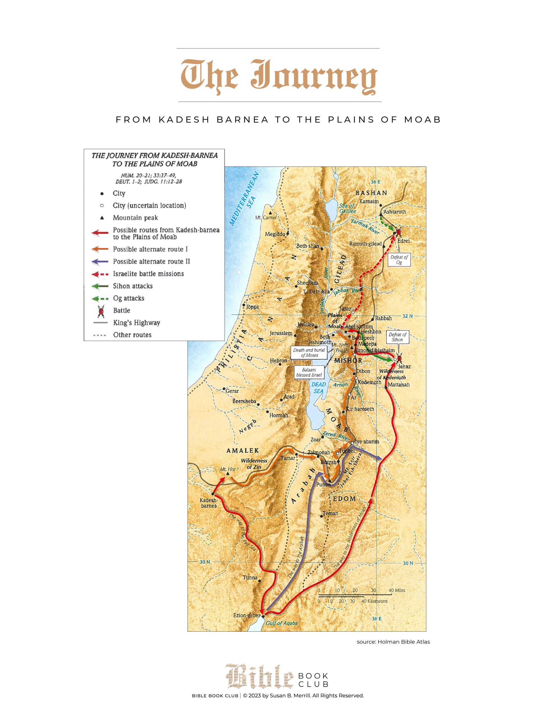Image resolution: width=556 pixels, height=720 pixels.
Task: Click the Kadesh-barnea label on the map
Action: [209, 503]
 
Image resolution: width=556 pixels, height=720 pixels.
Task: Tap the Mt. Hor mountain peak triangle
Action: [228, 474]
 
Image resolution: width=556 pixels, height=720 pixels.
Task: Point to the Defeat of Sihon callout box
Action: [397, 337]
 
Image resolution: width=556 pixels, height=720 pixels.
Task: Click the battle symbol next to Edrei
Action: [399, 232]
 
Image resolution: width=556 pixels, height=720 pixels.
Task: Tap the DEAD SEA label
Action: [318, 388]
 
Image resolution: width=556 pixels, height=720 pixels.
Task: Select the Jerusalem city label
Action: [281, 333]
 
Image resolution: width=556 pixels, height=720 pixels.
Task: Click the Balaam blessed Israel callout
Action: [309, 372]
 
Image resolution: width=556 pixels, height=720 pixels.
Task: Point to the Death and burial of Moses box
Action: [309, 352]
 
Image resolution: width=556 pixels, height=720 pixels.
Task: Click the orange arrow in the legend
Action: [100, 249]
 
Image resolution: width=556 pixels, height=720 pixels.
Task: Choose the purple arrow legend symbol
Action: [100, 262]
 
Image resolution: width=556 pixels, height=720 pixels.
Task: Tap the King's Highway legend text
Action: [136, 323]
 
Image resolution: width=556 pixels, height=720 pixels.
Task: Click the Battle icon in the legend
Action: [101, 311]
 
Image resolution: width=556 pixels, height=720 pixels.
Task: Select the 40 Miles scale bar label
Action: [397, 590]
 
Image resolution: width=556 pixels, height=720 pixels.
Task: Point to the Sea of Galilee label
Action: [347, 208]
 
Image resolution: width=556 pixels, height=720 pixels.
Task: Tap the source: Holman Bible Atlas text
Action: [393, 642]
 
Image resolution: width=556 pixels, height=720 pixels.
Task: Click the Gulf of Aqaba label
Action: [281, 623]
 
